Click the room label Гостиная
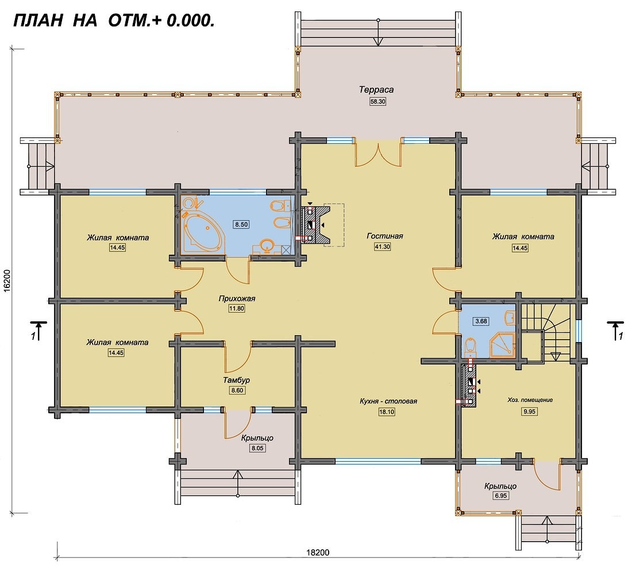coord(384,236)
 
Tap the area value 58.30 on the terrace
coord(377,102)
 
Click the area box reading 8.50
coord(241,224)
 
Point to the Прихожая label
coord(237,299)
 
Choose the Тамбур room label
coord(237,381)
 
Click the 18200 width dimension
coord(318,552)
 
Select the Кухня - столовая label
coord(388,401)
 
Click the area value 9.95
coord(529,412)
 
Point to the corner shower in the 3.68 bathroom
coord(503,345)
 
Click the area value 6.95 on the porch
coord(500,496)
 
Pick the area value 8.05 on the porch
coord(257,448)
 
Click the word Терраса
coord(376,90)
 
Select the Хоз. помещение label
coord(530,400)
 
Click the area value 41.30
coord(382,247)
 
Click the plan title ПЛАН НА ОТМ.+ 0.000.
coord(114,20)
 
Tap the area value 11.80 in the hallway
coord(237,309)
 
